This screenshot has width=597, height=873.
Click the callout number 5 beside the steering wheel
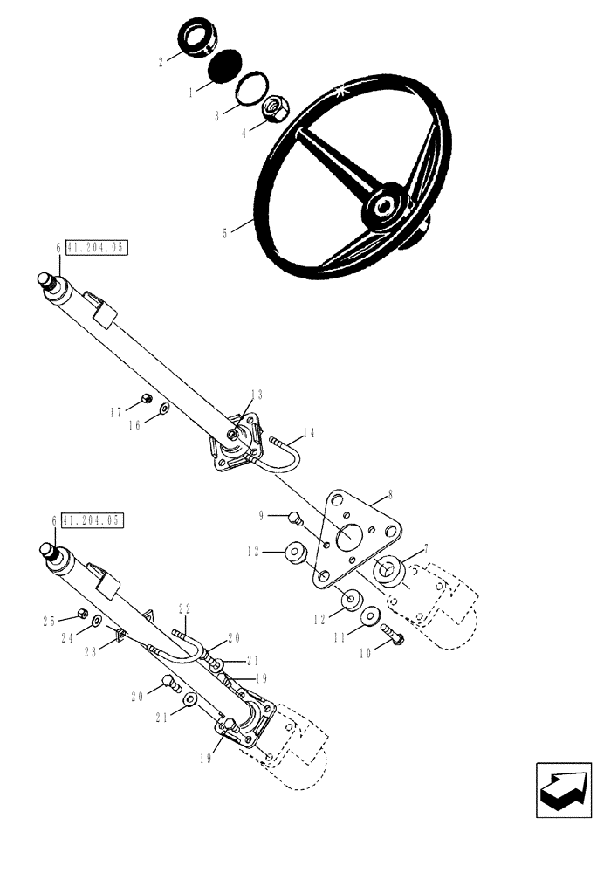[x=224, y=233]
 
